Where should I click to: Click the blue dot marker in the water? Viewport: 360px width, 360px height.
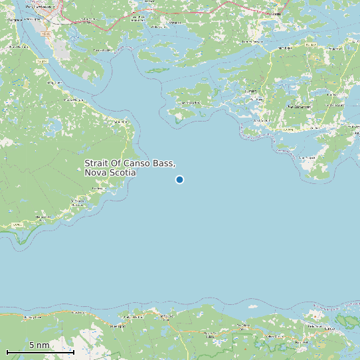coord(179,179)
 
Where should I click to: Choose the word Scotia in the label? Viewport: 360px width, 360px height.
coord(124,173)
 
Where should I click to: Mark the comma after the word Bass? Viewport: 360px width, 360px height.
coord(175,166)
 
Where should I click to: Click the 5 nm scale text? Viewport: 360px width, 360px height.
coord(39,345)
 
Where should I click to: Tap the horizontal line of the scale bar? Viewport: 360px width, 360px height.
coord(40,352)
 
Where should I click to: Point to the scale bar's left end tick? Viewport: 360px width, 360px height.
coord(7,351)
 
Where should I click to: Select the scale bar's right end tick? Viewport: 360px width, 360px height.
coord(73,351)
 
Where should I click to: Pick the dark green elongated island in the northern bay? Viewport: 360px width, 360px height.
coord(157,70)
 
